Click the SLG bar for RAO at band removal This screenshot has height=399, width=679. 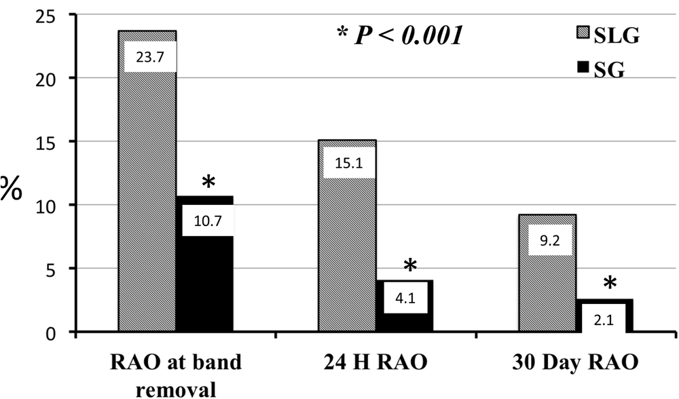coord(147,204)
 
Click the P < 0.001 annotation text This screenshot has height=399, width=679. coord(400,35)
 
